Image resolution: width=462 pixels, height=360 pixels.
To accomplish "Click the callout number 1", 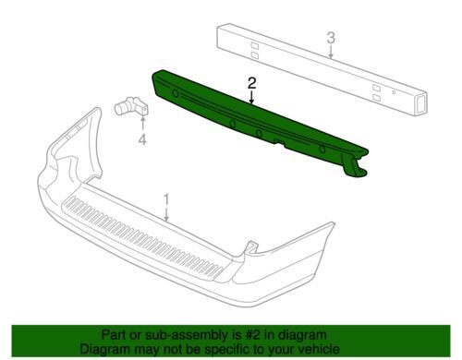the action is (x=166, y=199).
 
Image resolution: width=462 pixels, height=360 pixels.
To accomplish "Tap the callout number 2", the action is (x=252, y=83).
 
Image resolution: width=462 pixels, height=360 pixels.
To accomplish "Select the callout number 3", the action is (x=331, y=38).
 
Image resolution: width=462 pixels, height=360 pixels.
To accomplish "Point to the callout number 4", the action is (x=142, y=140).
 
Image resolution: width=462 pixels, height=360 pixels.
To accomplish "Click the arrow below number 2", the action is (x=252, y=98).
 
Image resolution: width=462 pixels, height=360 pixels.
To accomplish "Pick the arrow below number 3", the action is (x=331, y=52).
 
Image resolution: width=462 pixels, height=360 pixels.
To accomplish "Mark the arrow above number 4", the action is (x=142, y=125).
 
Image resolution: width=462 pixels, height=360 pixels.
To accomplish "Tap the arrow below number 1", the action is (x=166, y=214).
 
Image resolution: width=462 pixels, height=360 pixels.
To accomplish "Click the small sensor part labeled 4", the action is (x=132, y=106).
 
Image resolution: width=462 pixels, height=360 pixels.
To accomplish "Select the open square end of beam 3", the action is (x=420, y=103).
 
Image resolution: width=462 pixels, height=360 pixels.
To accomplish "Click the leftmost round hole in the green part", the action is (x=175, y=93).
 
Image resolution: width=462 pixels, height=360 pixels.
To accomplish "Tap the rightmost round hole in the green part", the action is (x=322, y=150).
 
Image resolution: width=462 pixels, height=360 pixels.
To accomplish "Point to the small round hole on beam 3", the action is (x=394, y=92).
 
